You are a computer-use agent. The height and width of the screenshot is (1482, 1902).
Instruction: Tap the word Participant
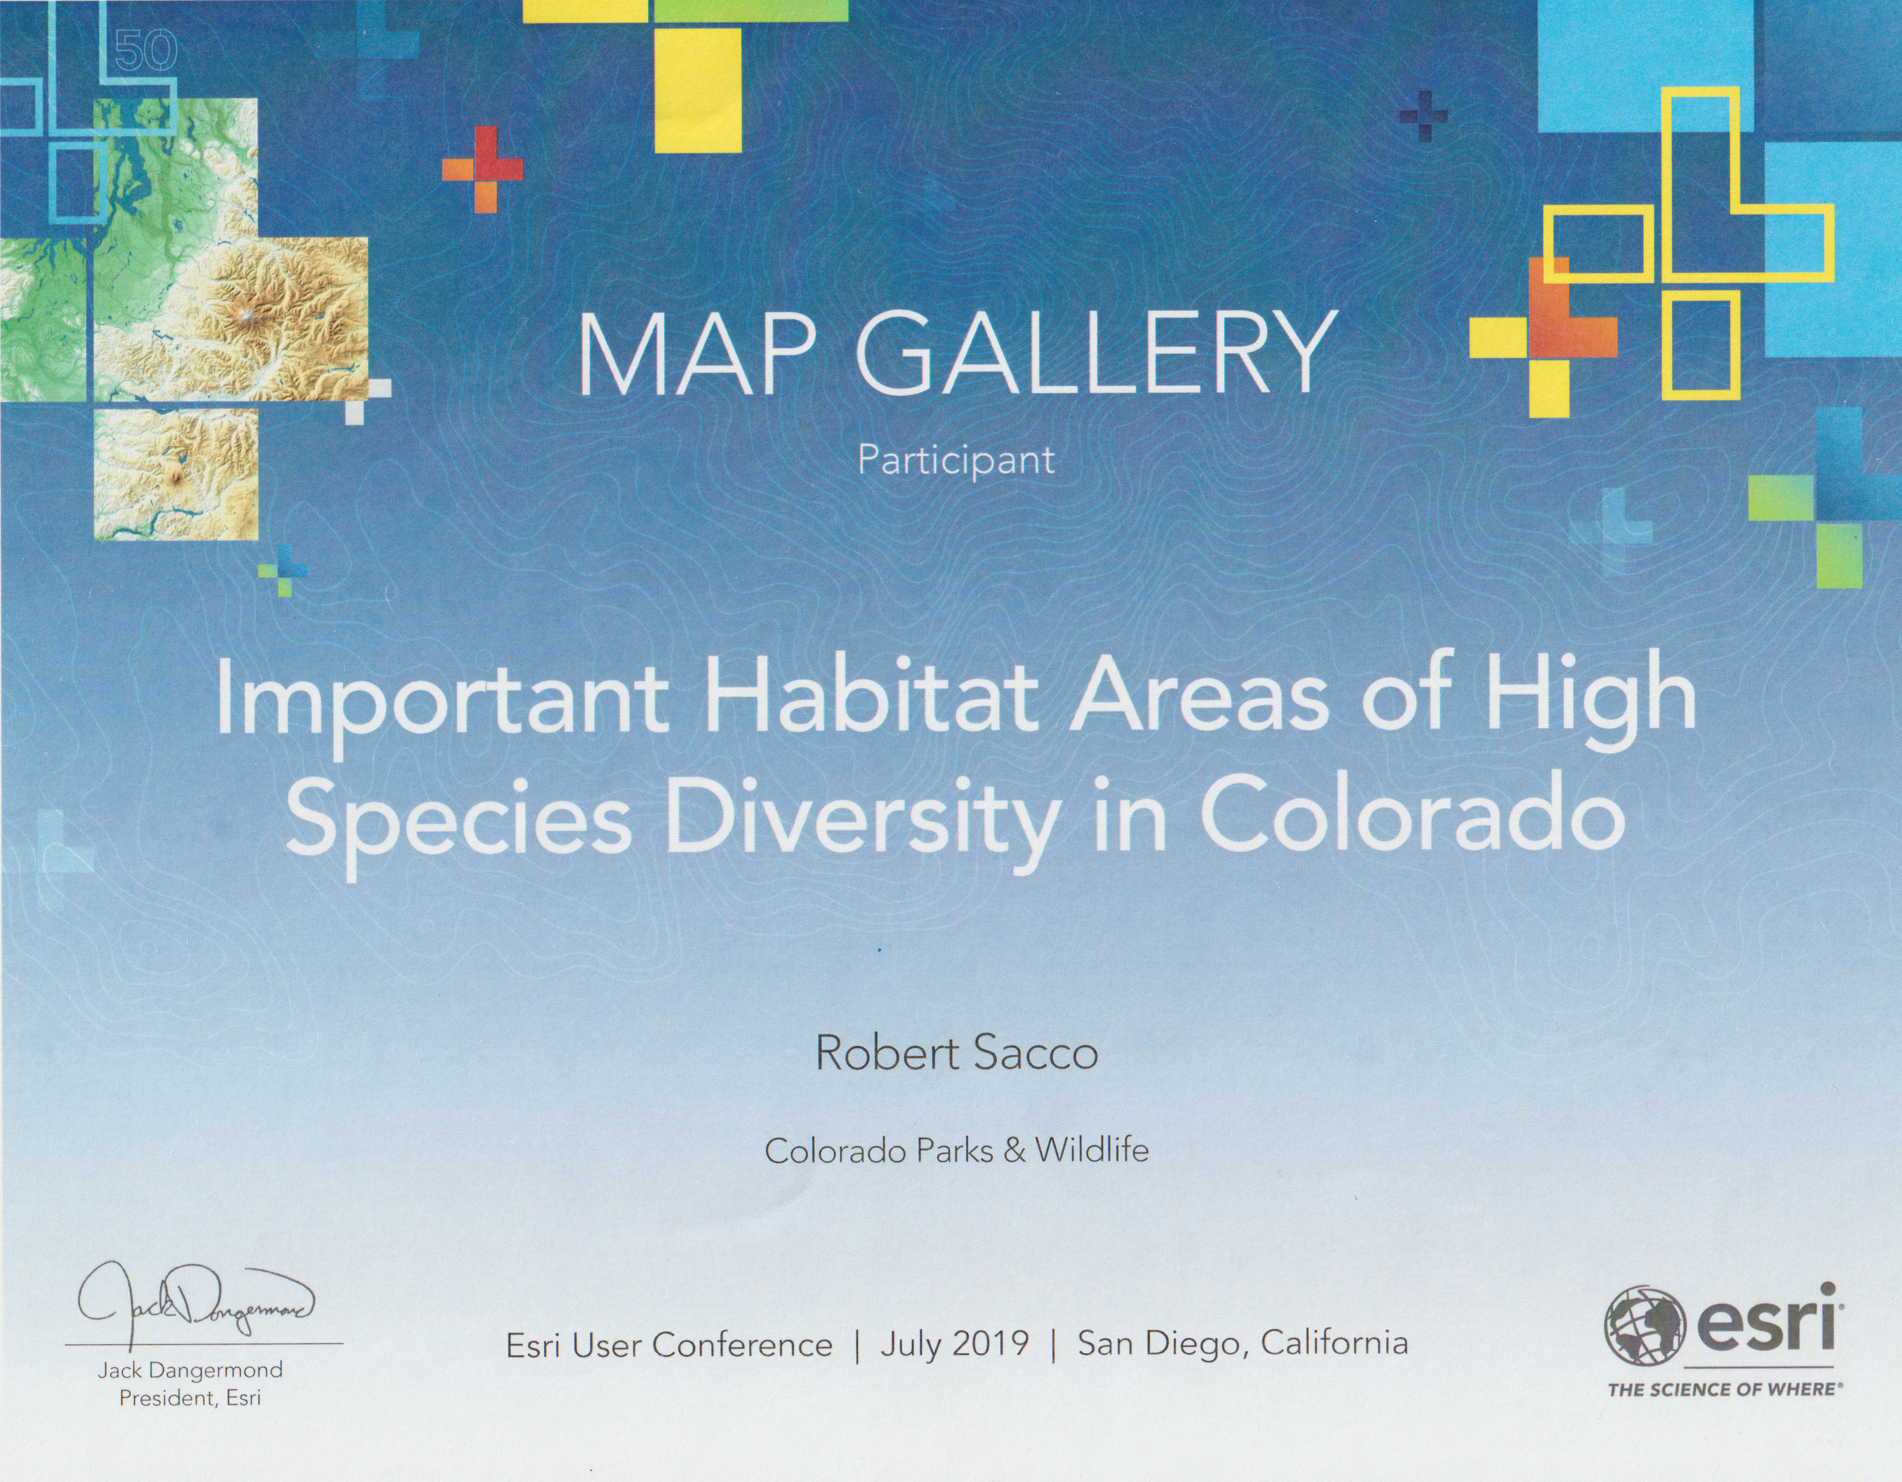click(x=956, y=460)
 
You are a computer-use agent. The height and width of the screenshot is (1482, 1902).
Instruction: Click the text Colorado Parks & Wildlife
click(x=956, y=1151)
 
